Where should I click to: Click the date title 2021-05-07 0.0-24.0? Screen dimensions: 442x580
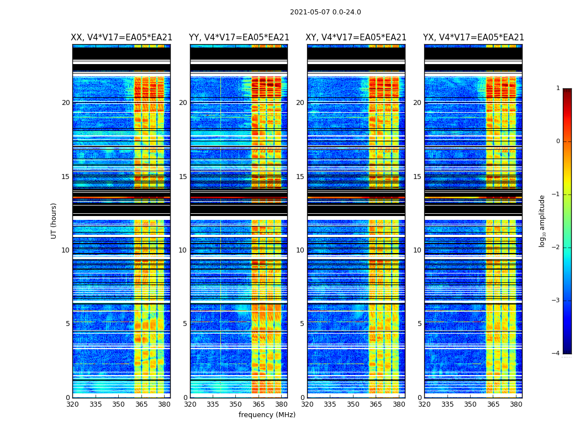coord(325,12)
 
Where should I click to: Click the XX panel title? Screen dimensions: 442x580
coord(122,38)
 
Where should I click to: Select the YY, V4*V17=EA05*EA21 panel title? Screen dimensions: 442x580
coord(239,38)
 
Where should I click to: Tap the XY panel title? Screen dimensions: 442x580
coord(356,38)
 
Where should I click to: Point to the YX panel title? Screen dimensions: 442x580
coord(473,38)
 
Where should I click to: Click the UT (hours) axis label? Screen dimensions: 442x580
coord(54,220)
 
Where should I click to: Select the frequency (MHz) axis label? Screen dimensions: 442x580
coord(267,415)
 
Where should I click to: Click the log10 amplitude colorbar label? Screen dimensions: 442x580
coord(542,220)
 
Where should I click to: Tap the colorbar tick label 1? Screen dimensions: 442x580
coord(557,88)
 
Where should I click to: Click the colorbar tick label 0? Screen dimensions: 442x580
coord(557,141)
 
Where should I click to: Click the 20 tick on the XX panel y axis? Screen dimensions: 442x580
coord(66,103)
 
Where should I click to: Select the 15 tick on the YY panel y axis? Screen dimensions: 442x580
coord(183,177)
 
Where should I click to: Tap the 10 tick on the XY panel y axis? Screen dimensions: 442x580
coord(300,250)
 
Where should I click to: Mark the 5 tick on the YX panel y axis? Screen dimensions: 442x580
coord(419,324)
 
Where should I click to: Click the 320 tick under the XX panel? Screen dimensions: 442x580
coord(72,404)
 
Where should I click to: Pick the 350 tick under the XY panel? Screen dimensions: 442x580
coord(353,404)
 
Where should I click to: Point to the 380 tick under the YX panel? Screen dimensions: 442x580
coord(516,404)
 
